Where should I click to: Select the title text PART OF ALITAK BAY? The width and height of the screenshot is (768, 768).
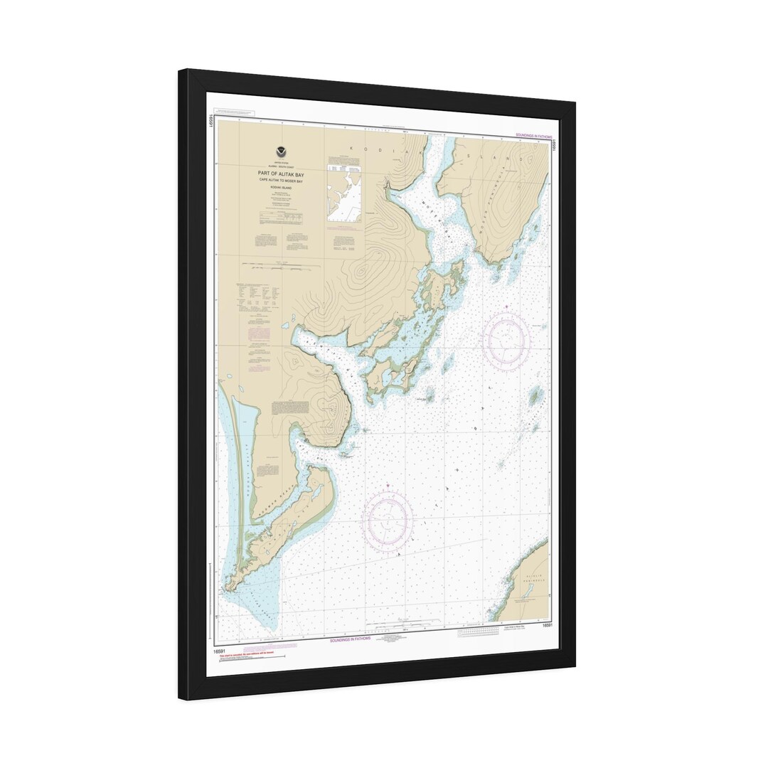pos(278,173)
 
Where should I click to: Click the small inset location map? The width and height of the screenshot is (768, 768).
pos(344,190)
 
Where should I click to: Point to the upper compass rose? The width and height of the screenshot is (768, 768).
pos(506,341)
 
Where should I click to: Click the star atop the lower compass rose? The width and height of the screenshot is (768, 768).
pos(387,488)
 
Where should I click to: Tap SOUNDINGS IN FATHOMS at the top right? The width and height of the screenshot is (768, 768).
pos(532,136)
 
